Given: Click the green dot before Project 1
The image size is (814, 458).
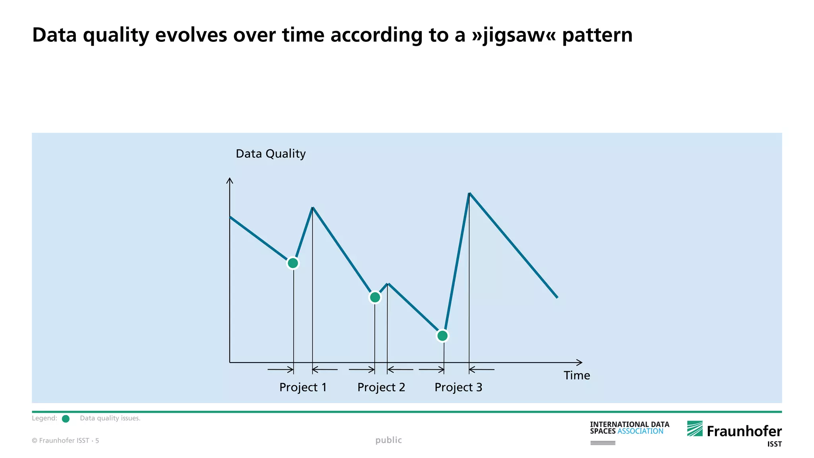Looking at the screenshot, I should coord(293,263).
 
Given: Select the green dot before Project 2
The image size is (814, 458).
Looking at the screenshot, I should coord(375,297).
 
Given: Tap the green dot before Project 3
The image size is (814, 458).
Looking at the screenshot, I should coord(442,336).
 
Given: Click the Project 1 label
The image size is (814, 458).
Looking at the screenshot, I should coord(303,387).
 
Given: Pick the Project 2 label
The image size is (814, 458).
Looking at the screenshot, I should coord(381,387).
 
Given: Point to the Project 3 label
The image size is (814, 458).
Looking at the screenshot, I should coord(458,387).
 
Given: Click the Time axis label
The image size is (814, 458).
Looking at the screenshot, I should coord(577,375).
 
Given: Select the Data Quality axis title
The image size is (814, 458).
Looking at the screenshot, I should coord(271,154).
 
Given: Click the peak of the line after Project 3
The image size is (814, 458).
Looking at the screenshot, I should coord(469,194).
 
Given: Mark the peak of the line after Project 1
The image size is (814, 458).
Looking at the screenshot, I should coord(313,208).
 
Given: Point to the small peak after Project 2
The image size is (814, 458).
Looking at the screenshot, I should coord(388,283).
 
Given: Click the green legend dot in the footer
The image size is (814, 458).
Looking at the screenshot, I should coord(66,419).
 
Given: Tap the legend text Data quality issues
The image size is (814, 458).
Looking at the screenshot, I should coord(110,418).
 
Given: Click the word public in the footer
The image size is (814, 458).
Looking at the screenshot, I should coord(389,440).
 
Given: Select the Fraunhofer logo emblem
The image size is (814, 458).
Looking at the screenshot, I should coord(695,429).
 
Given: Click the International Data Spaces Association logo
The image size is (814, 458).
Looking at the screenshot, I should coord(630,428).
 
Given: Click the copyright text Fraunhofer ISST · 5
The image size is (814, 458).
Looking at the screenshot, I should coord(66,441).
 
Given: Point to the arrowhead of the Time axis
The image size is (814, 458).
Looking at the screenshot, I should coord(580,363).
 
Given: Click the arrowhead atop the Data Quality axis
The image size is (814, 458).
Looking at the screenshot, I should coord(229,180).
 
